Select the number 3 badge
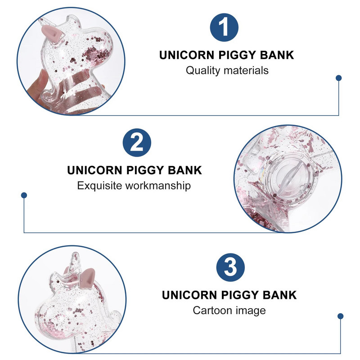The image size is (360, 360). pyautogui.click(x=230, y=268)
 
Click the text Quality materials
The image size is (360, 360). pyautogui.click(x=227, y=70)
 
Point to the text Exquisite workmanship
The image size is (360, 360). pyautogui.click(x=134, y=185)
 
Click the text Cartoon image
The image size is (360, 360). pyautogui.click(x=229, y=310)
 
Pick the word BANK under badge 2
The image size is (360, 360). pyautogui.click(x=185, y=171)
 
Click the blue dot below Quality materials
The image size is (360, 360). pyautogui.click(x=339, y=78)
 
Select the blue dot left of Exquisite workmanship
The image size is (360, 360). pyautogui.click(x=24, y=195)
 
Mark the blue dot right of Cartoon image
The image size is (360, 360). pyautogui.click(x=340, y=316)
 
